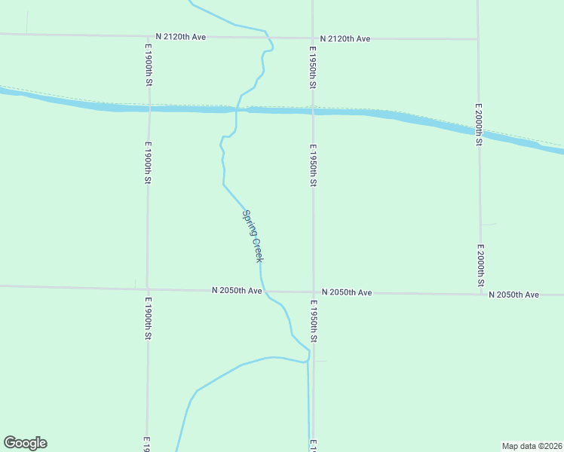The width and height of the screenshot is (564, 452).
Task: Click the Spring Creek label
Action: pyautogui.click(x=252, y=235)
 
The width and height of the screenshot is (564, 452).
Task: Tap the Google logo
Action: pyautogui.click(x=25, y=443)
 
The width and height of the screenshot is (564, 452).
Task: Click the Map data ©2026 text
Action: pyautogui.click(x=532, y=446)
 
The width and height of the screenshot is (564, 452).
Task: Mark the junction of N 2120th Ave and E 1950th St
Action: pyautogui.click(x=313, y=38)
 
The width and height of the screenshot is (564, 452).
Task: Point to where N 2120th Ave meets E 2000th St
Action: pyautogui.click(x=478, y=38)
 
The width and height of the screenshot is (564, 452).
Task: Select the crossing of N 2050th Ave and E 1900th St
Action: pyautogui.click(x=148, y=289)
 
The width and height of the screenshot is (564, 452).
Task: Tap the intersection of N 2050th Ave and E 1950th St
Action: pyautogui.click(x=314, y=292)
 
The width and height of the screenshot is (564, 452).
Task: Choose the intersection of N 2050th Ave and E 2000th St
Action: pyautogui.click(x=481, y=294)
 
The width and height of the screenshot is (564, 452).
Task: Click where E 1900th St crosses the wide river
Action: pyautogui.click(x=149, y=108)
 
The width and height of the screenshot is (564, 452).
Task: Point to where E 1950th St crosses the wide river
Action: pyautogui.click(x=313, y=111)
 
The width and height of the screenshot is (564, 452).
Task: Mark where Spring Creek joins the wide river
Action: pyautogui.click(x=237, y=110)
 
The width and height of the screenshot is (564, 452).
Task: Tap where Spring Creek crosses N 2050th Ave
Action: pyautogui.click(x=263, y=291)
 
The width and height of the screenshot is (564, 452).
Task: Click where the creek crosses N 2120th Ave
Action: pyautogui.click(x=267, y=37)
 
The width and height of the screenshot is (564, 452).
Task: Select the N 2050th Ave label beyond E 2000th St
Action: pyautogui.click(x=513, y=295)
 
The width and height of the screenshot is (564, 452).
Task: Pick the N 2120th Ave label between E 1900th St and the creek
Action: pyautogui.click(x=180, y=36)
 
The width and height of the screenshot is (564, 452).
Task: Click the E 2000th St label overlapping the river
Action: pyautogui.click(x=479, y=123)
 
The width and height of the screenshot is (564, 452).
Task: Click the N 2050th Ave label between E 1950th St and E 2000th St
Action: pyautogui.click(x=347, y=292)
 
